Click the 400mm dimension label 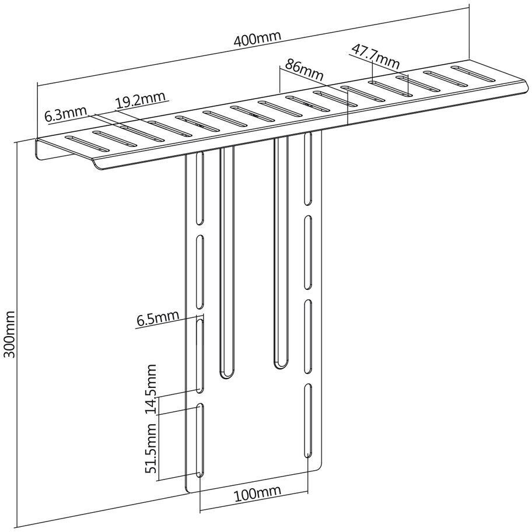point(257,40)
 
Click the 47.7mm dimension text point(375,54)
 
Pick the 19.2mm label point(140,101)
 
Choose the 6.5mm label point(157,318)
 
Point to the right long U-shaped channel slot point(281,251)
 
